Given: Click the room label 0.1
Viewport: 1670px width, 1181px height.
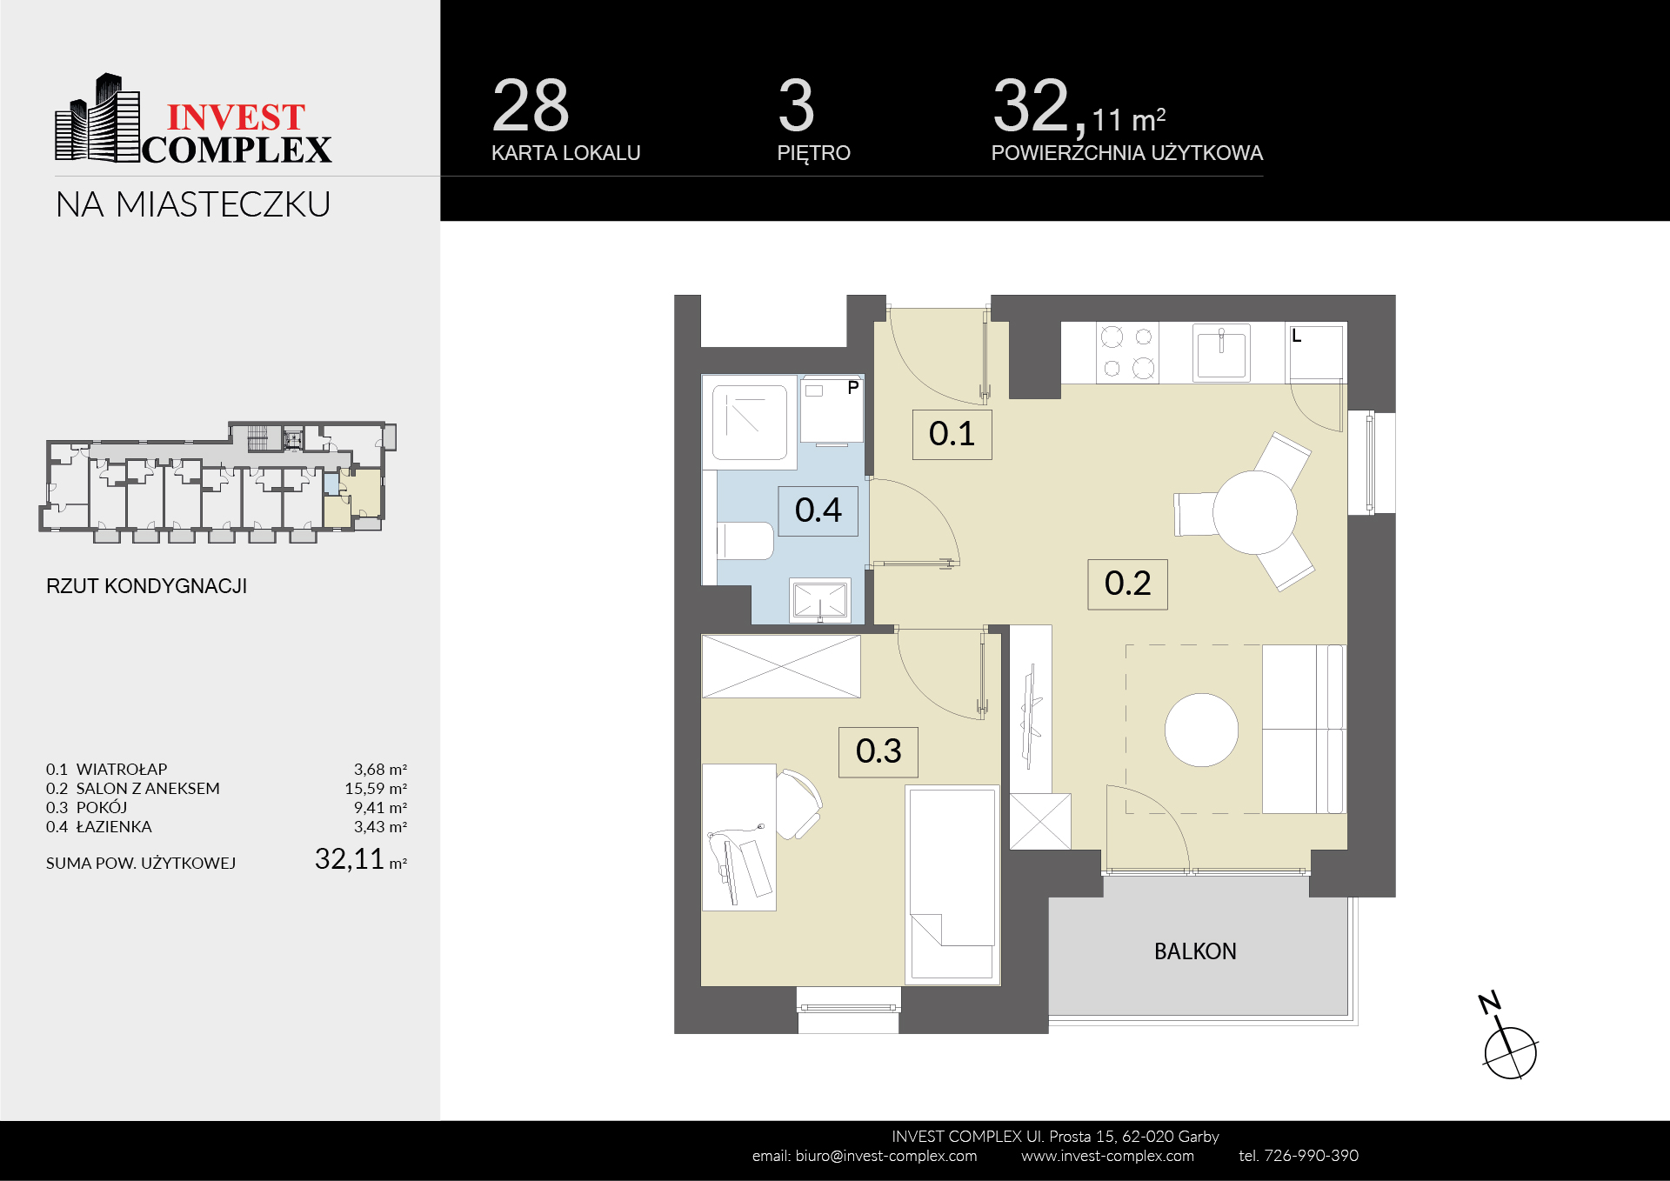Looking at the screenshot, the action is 952,434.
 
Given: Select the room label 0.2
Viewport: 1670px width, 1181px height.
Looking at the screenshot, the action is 1127,584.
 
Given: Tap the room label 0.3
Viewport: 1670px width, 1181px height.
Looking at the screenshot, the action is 878,751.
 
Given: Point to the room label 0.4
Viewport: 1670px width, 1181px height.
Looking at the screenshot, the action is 818,510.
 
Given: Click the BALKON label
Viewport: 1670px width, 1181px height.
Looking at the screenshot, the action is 1195,951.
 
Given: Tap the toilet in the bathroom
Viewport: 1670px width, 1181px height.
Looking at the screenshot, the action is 745,541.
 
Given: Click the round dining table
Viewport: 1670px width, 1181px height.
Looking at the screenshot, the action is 1254,512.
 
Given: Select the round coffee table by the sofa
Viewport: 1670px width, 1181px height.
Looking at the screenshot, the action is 1201,730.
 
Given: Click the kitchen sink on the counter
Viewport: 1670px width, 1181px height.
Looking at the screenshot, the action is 1221,353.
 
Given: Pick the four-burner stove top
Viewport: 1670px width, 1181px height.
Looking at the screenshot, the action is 1127,352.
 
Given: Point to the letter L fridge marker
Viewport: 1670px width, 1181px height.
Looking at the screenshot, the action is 1296,336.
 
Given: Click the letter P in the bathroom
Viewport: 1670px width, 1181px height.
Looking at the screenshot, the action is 853,388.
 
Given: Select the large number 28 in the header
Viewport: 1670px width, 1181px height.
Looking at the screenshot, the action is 531,105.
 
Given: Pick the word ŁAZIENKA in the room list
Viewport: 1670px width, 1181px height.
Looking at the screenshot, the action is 114,826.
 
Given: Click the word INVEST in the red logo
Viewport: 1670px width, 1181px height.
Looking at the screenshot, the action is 236,117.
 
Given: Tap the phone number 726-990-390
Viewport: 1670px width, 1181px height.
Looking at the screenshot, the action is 1311,1156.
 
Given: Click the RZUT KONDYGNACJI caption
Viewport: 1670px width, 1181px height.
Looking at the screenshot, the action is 146,586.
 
